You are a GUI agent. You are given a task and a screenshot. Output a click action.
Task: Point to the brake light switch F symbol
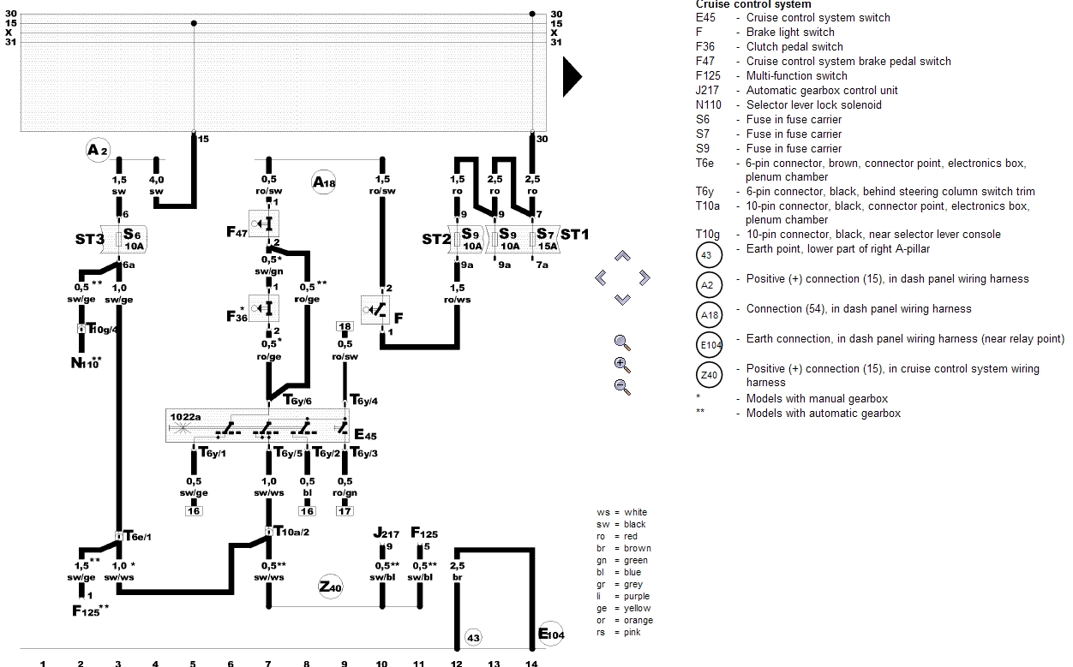(x=378, y=309)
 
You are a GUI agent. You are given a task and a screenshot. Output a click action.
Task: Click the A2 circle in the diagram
(x=98, y=151)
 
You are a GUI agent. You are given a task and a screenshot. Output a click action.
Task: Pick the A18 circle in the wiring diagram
(x=324, y=182)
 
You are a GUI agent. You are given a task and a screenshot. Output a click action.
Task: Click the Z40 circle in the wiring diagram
(x=330, y=587)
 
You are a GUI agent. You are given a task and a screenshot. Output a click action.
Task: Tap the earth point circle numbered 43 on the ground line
(x=473, y=637)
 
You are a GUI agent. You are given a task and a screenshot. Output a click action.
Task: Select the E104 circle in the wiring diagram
(x=549, y=634)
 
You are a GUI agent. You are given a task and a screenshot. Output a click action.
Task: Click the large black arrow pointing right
(x=572, y=78)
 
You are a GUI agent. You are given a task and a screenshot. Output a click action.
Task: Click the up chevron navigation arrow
(x=623, y=256)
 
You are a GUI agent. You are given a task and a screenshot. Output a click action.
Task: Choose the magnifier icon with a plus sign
(x=623, y=364)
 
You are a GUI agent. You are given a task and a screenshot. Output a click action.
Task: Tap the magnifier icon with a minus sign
(x=623, y=385)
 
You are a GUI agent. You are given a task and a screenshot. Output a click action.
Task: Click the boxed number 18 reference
(x=345, y=327)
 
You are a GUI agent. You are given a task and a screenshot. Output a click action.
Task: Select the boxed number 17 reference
(x=345, y=511)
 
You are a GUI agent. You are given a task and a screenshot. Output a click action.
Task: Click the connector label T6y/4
(x=363, y=400)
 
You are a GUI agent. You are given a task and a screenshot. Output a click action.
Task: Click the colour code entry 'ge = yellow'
(x=624, y=608)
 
